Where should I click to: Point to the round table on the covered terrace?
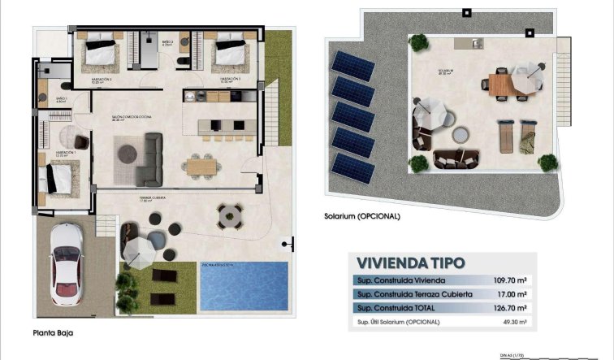click(x=229, y=215)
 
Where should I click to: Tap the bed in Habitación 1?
click(x=58, y=176)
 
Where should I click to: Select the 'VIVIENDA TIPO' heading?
click(x=410, y=262)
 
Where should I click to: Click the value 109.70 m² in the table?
click(x=512, y=280)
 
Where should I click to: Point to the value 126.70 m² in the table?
click(x=512, y=309)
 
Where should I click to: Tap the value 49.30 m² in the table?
click(x=513, y=323)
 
